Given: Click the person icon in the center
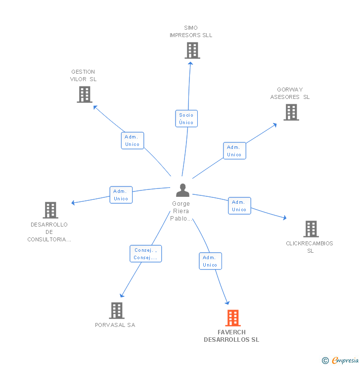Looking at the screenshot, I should [182, 190].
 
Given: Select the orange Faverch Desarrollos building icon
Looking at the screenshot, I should [232, 318].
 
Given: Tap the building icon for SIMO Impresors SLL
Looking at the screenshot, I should [192, 50].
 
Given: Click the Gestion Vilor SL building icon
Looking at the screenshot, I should [85, 94].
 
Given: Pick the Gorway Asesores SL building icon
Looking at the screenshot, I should [291, 112].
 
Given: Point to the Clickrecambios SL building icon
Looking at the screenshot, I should [311, 229].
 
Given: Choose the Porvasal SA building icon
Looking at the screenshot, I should [116, 311].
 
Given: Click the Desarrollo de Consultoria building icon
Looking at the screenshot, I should [50, 210].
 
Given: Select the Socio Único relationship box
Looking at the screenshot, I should [186, 119].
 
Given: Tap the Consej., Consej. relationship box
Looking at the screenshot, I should [145, 254].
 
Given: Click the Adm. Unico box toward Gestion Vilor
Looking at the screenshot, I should [133, 140].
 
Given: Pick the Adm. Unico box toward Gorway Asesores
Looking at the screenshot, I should [234, 151].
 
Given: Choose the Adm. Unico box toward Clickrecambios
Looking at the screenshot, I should [239, 206].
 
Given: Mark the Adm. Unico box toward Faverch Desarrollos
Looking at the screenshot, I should [210, 261].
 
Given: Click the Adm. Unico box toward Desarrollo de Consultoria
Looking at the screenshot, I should [121, 195].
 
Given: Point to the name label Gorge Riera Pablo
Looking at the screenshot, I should [181, 211].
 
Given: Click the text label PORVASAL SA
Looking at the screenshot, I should [115, 325].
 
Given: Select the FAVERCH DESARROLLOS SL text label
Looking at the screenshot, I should [231, 336].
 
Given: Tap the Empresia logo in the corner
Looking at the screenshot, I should [341, 361].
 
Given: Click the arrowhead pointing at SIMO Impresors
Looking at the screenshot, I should [190, 63].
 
